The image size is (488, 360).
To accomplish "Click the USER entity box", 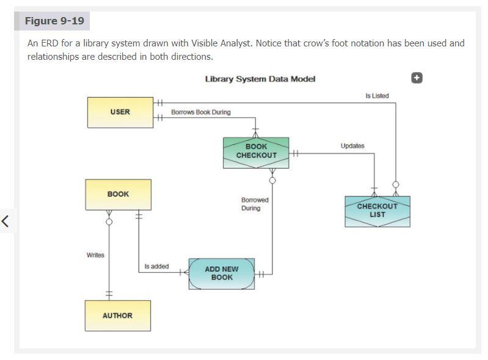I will (120, 112).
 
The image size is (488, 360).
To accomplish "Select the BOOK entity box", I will (118, 195).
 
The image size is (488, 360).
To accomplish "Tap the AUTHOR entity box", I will (117, 316).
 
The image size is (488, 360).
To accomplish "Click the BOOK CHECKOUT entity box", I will (256, 151).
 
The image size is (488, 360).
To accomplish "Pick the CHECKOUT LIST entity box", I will (377, 211).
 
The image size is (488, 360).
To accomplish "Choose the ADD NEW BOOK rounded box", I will (222, 273).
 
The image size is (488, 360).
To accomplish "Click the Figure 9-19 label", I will (54, 21).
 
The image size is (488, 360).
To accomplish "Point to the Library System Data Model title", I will (260, 79).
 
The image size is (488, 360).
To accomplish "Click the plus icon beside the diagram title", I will (417, 77).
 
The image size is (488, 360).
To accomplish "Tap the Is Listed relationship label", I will (377, 96).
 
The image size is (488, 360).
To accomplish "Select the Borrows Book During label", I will (201, 112).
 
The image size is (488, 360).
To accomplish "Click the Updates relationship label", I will (352, 146).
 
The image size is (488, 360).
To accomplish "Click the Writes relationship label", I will (95, 255).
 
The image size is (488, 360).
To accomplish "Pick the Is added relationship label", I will (156, 267).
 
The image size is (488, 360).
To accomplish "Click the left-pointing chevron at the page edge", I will (5, 221).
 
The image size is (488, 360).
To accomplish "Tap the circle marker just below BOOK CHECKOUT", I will (272, 180).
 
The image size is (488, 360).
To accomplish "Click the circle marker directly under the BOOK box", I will (109, 221).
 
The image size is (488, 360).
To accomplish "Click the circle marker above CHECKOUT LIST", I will (395, 184).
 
